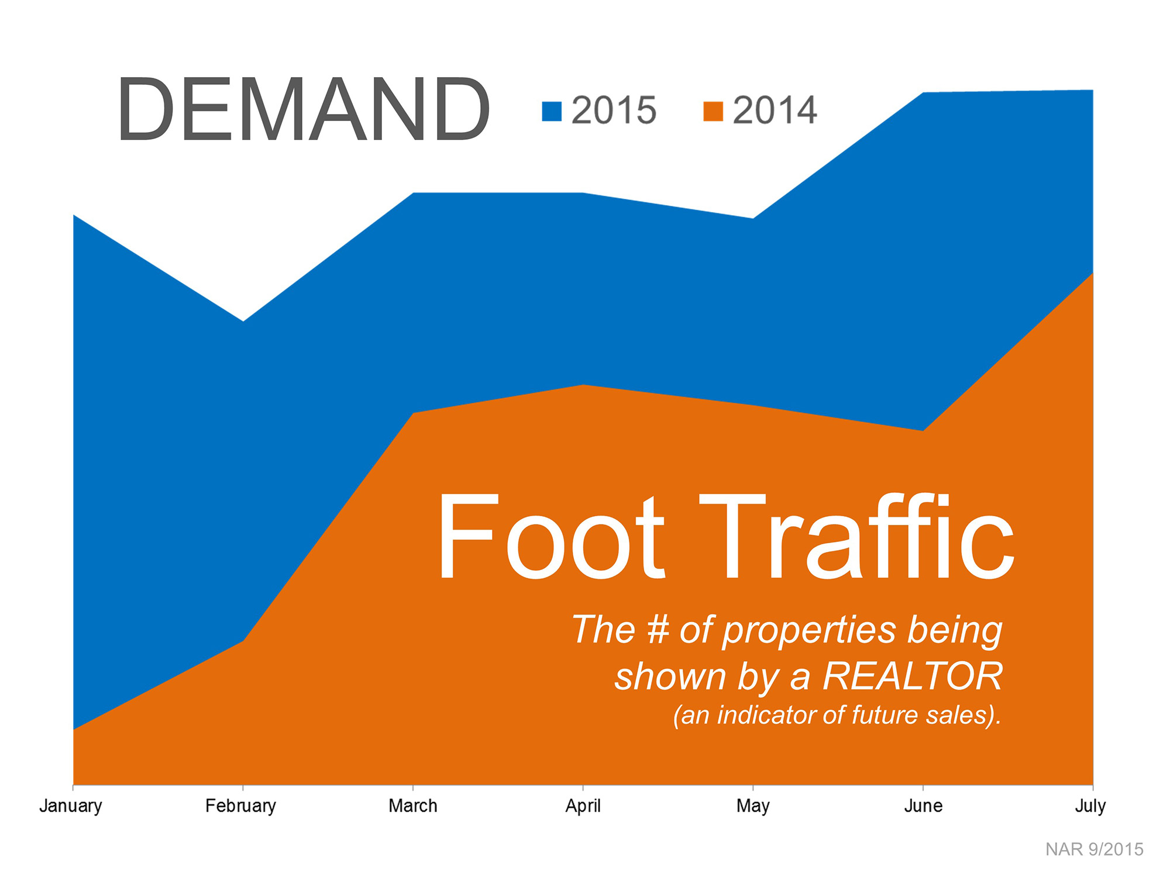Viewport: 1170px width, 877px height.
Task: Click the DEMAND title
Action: coord(303,109)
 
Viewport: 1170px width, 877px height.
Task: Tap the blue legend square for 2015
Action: coord(552,111)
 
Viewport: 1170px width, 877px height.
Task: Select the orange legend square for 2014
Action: coord(713,111)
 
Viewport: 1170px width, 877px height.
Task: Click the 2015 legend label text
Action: coord(614,110)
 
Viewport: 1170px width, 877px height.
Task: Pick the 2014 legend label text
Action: coord(775,110)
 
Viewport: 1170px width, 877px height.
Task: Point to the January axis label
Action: coord(71,806)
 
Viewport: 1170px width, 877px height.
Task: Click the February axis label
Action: coord(240,806)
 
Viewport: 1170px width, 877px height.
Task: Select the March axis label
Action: coord(413,806)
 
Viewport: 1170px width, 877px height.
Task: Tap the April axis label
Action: coord(583,806)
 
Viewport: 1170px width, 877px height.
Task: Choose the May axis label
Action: coord(753,806)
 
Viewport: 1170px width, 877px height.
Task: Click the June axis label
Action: coord(923,806)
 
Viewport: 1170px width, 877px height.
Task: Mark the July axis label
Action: coord(1090,806)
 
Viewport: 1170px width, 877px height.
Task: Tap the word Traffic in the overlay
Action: coord(856,536)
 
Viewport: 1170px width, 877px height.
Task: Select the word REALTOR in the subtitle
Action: coord(913,676)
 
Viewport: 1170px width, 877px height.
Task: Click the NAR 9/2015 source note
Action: coord(1094,849)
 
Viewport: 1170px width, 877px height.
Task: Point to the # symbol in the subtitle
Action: coord(658,630)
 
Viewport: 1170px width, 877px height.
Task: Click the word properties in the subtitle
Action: coord(810,632)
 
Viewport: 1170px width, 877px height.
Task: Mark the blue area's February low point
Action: coord(243,321)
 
